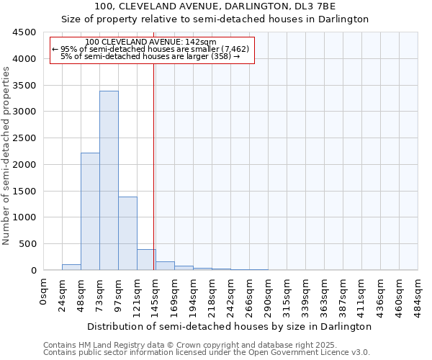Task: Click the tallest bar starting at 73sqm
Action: coord(109,180)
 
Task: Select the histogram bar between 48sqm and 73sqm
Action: coord(90,212)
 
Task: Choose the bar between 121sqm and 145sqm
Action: coord(146,260)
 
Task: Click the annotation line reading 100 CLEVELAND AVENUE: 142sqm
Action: coord(150,42)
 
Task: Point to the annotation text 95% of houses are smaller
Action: coord(151,49)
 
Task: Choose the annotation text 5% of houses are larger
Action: coord(150,56)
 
